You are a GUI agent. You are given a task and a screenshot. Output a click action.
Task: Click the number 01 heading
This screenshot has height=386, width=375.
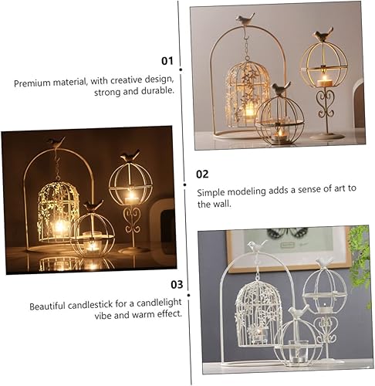click(x=167, y=60)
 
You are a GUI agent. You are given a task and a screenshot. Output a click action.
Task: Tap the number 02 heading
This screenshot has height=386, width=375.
click(x=201, y=174)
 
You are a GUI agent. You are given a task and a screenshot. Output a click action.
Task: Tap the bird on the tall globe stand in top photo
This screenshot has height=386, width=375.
click(x=325, y=33)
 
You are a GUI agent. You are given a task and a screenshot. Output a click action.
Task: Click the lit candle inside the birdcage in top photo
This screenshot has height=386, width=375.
click(x=249, y=111)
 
